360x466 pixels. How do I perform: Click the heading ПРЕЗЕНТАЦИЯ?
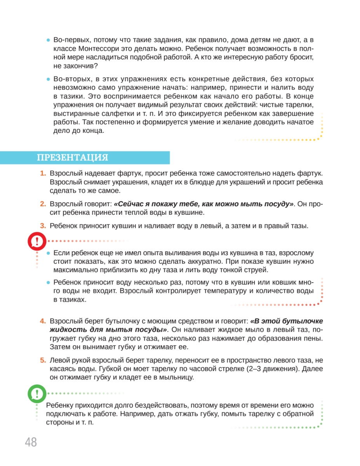pos(72,158)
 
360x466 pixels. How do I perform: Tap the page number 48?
pos(31,442)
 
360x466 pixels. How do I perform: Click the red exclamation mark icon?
pos(37,242)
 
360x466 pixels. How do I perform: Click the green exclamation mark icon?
pos(37,394)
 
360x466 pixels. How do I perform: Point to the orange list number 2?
pos(43,204)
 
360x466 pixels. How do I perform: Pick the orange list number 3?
pos(43,226)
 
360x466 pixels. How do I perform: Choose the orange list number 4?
pos(43,321)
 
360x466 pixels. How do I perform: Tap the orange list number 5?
pos(43,360)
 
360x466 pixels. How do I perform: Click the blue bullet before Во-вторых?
pos(49,79)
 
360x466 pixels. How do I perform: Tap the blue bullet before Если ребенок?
pos(49,253)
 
